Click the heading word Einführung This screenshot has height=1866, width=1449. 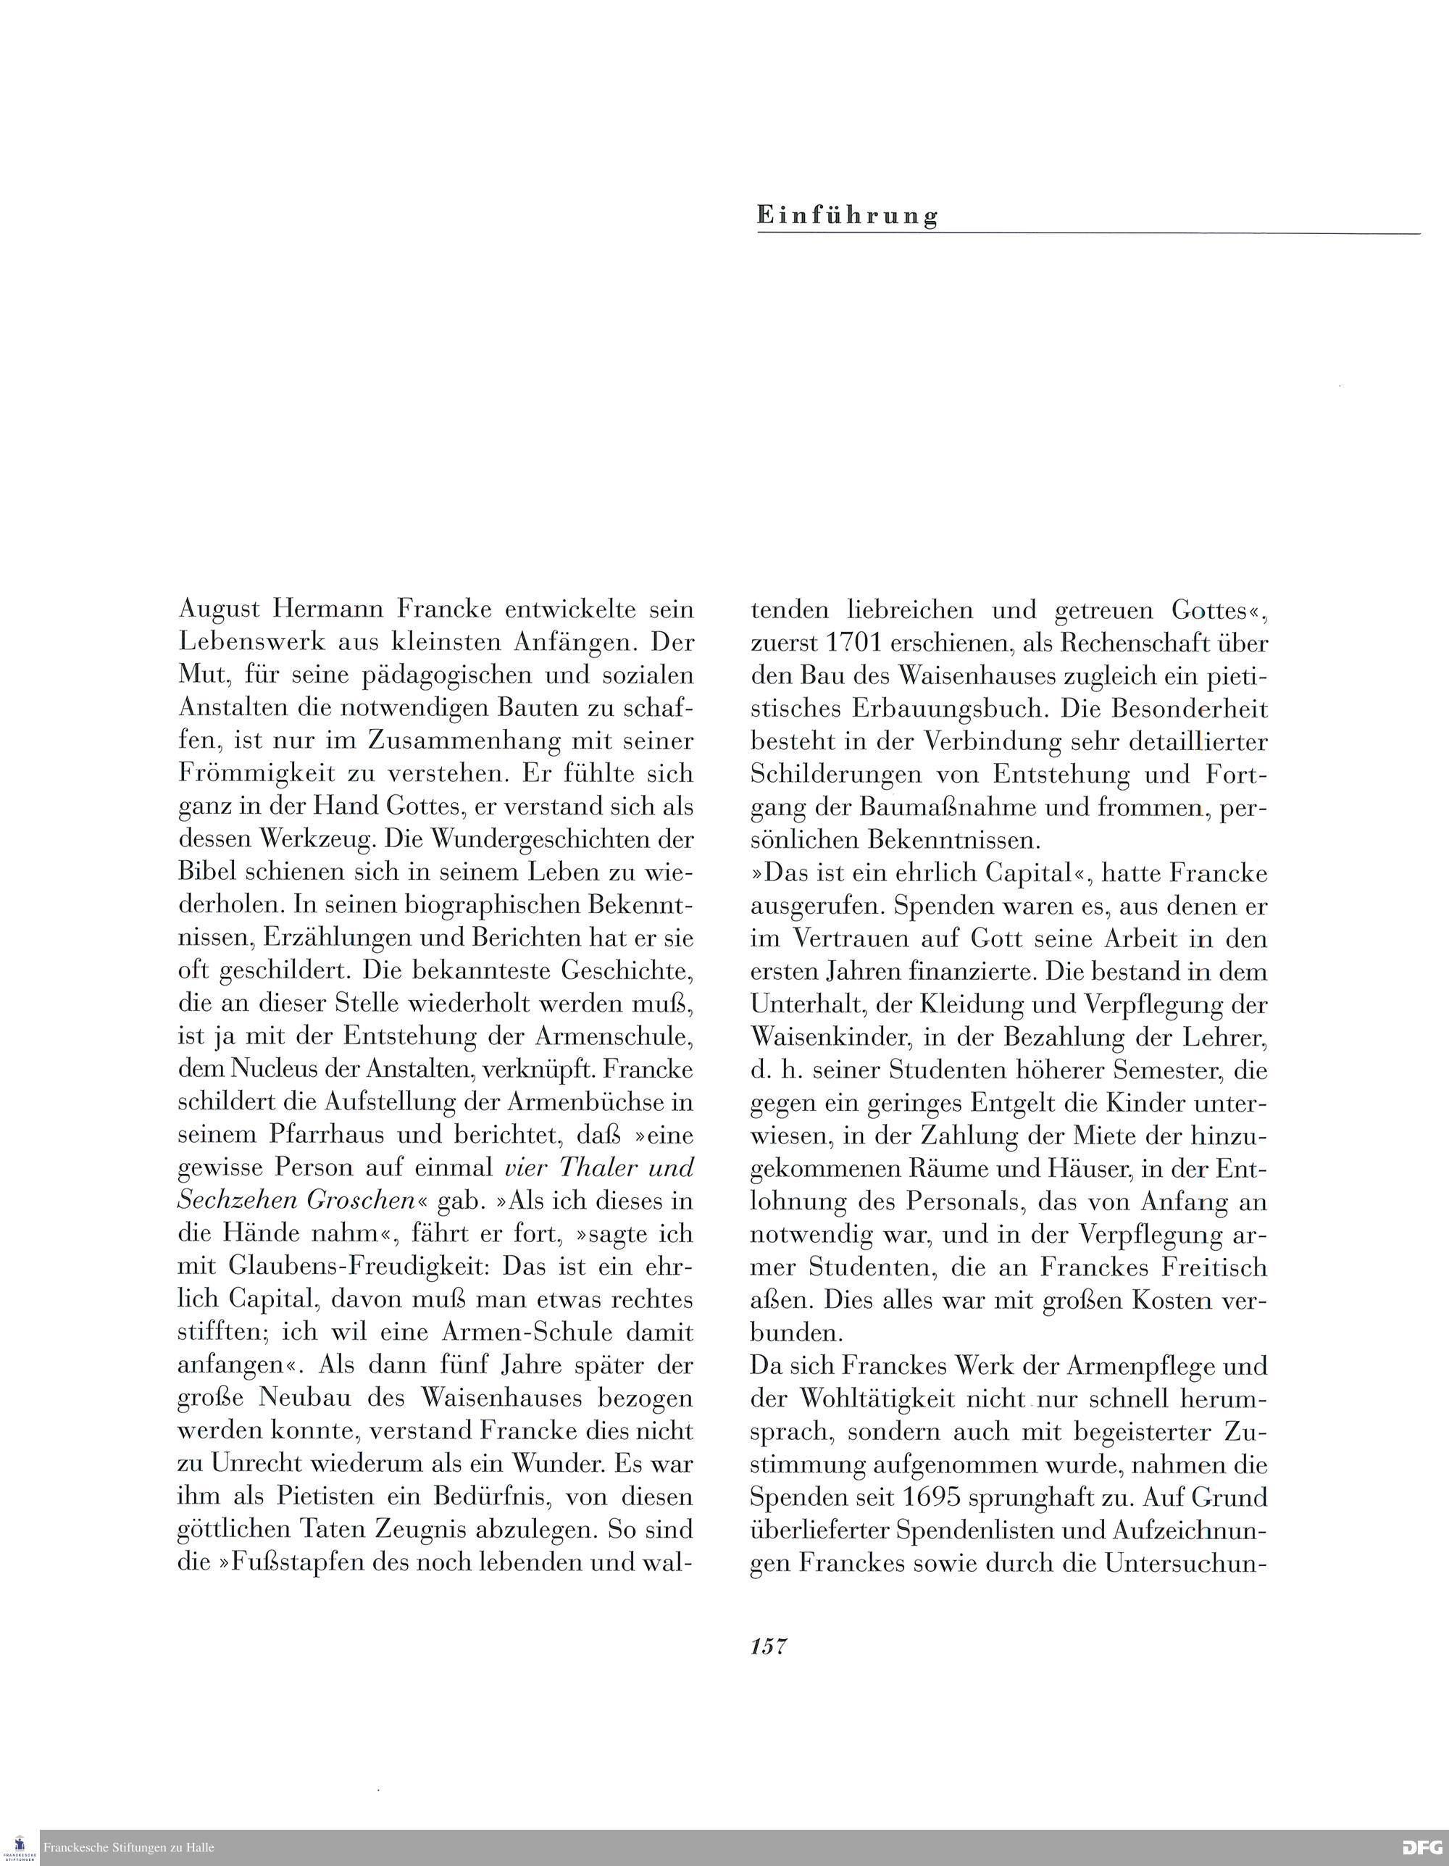[x=847, y=215]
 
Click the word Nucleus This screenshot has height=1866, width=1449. [x=282, y=1069]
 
